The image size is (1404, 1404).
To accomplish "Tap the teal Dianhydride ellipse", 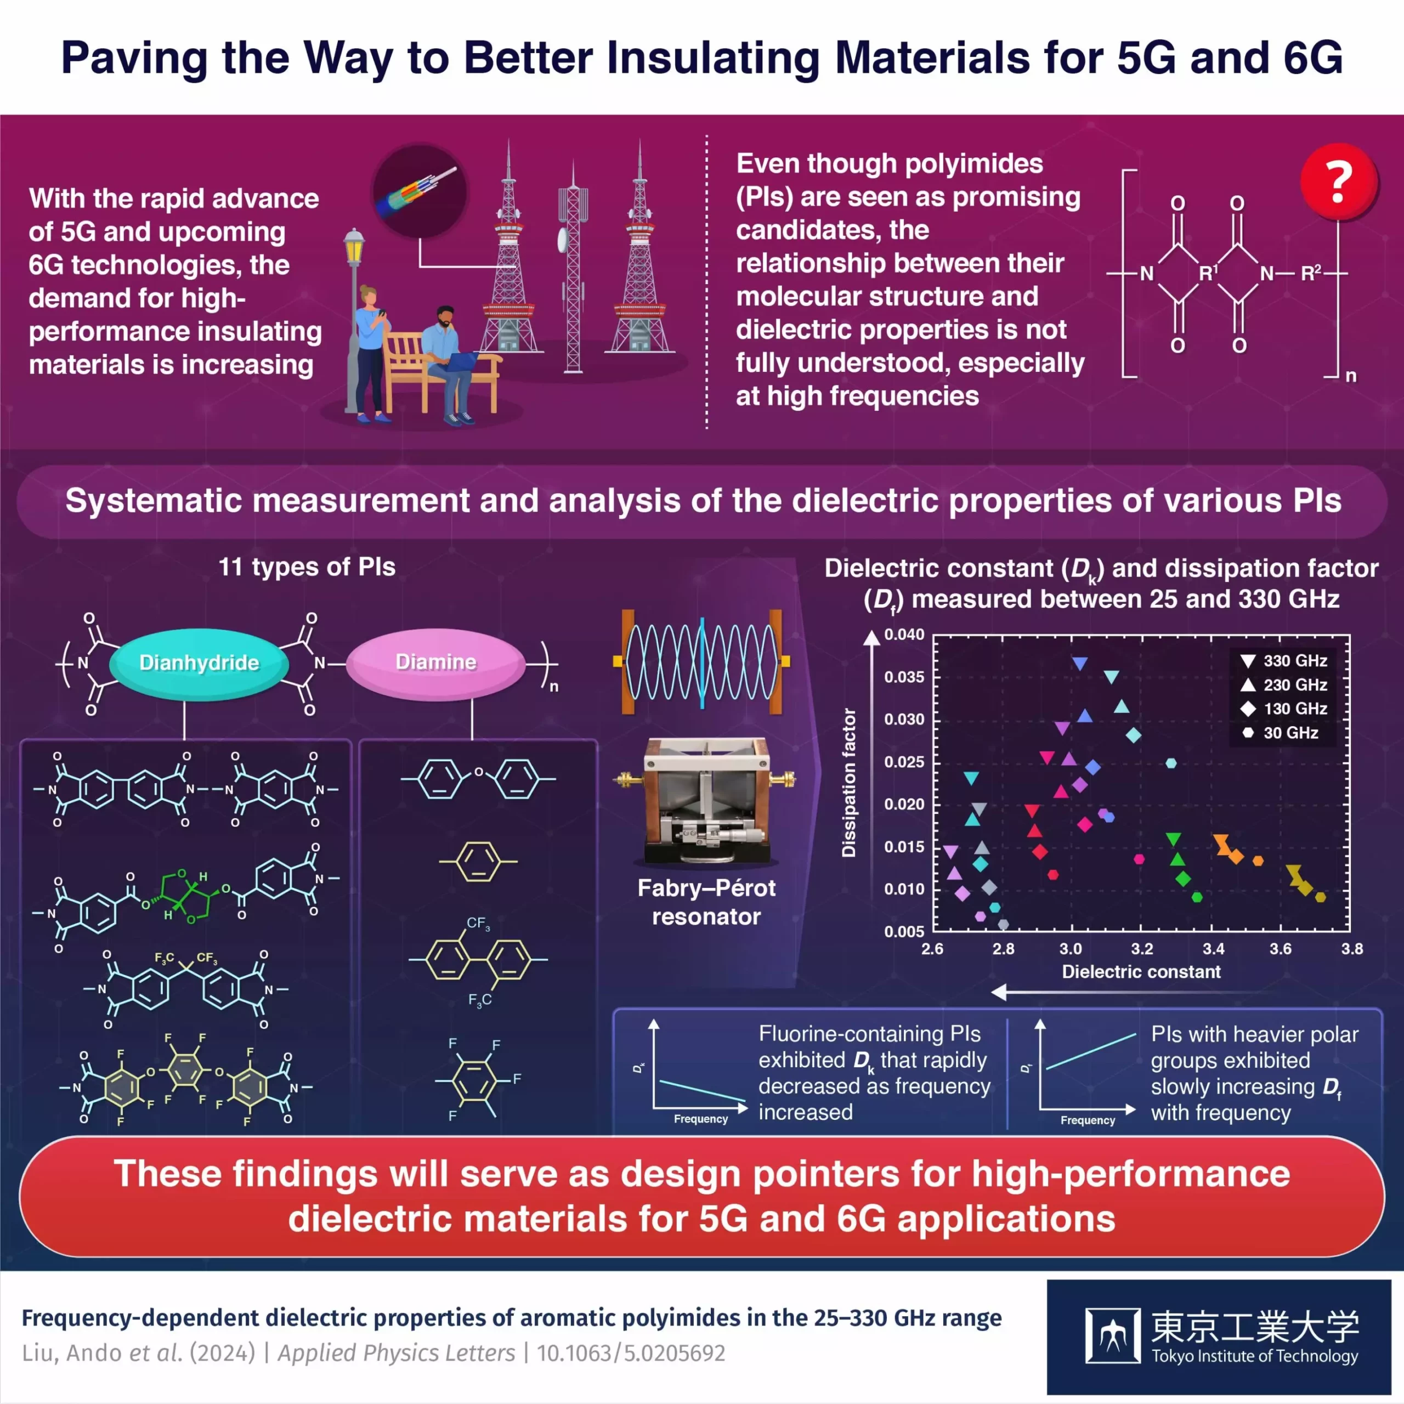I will click(x=199, y=663).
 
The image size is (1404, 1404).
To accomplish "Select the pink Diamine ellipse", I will click(x=435, y=662).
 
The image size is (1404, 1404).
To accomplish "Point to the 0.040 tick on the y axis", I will click(x=903, y=635).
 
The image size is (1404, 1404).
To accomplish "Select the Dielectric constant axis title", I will click(x=1141, y=972).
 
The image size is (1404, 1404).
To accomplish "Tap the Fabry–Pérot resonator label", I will click(x=706, y=902).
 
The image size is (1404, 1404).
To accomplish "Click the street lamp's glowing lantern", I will click(x=354, y=248).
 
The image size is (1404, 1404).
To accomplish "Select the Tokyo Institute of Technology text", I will click(x=1254, y=1356).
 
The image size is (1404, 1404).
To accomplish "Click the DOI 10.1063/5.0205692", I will click(x=630, y=1353).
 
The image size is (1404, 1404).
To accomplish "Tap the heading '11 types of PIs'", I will click(x=307, y=567).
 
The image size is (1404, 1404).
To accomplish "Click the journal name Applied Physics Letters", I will click(x=396, y=1353).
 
